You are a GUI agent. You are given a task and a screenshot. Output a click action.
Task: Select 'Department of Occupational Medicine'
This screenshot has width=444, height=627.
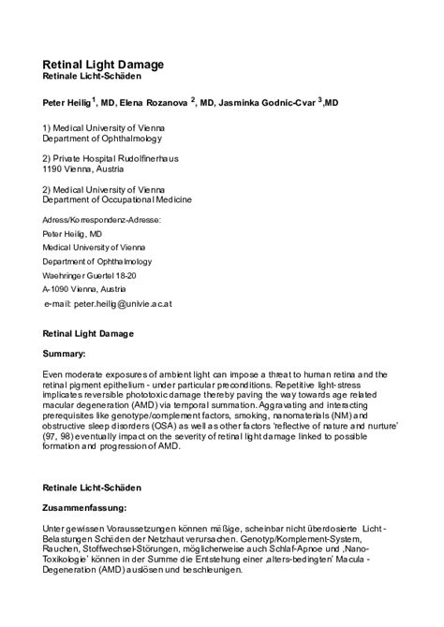click(x=118, y=199)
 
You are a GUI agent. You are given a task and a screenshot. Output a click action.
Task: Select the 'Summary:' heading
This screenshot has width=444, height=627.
click(x=65, y=355)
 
